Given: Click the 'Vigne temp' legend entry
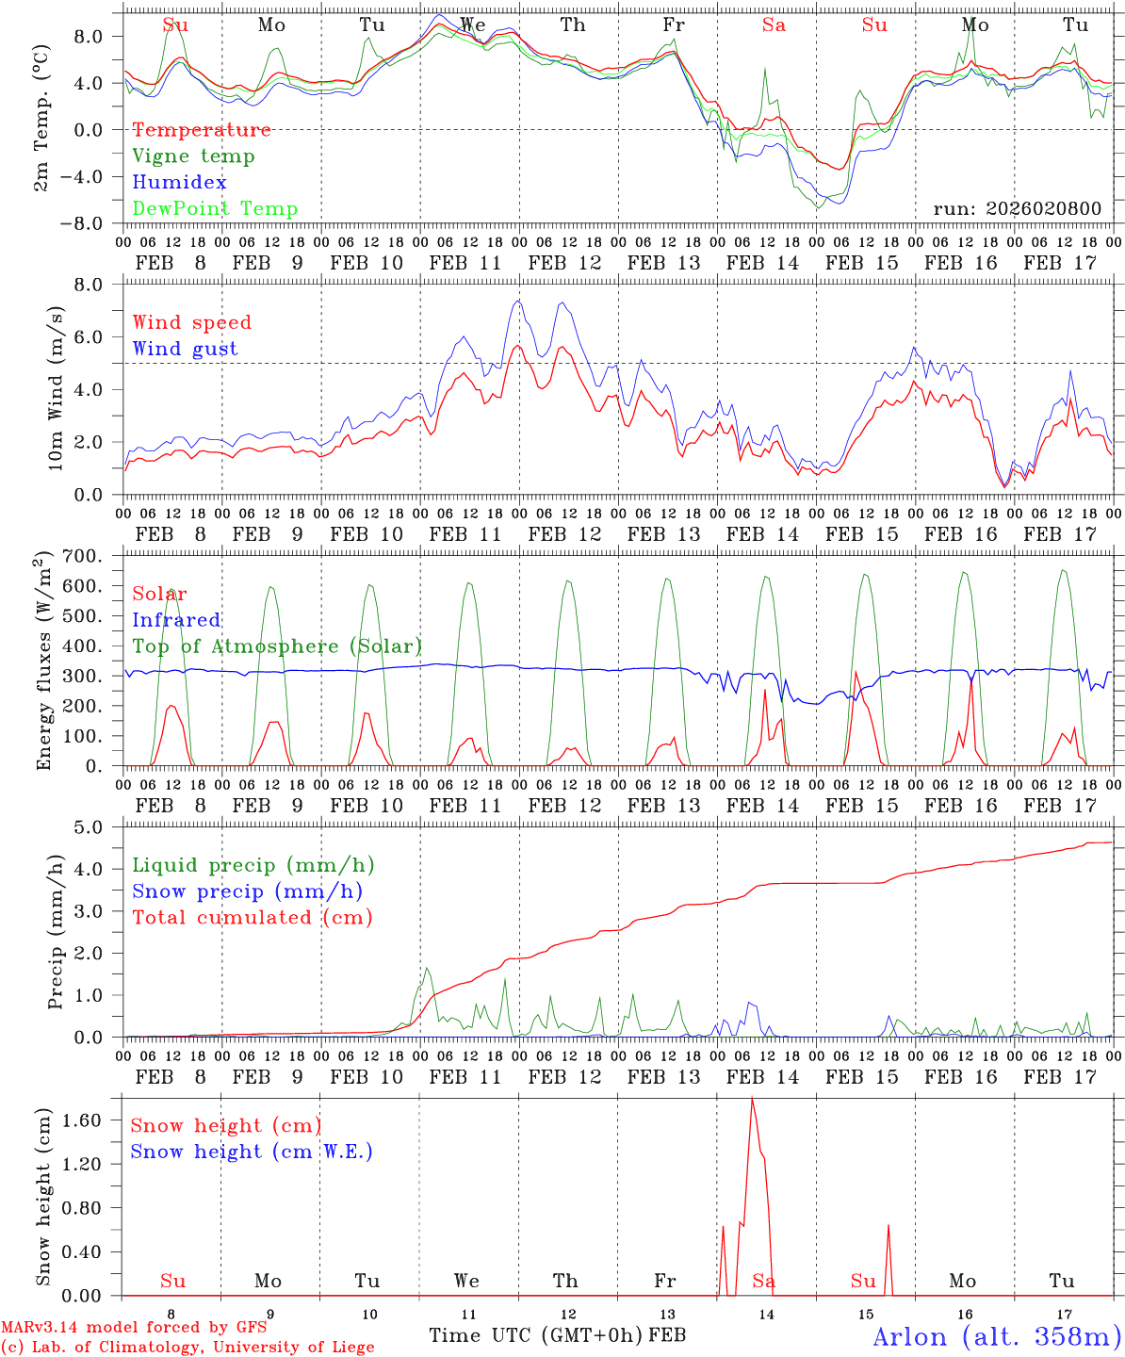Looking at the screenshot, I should pos(193,156).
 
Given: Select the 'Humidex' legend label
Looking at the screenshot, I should pos(179,183).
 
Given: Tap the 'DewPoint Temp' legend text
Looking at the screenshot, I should pos(215,209).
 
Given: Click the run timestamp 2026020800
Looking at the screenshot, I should pos(1017,209).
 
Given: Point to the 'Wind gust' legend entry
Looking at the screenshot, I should pos(185,349).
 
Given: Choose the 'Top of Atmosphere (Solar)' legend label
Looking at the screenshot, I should pos(277,646).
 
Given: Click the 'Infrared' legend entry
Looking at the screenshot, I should pos(176,620).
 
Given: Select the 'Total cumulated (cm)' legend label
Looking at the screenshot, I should pos(253,918).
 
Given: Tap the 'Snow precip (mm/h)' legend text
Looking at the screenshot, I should pos(247,891).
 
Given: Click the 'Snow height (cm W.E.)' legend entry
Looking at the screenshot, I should pos(252,1152).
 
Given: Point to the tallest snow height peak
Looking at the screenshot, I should pos(752,1099).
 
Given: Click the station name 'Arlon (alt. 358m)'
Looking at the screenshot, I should pos(997,1336).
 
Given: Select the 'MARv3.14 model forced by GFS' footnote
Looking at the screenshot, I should pos(133,1328).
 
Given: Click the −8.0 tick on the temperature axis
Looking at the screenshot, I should pos(94,224).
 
